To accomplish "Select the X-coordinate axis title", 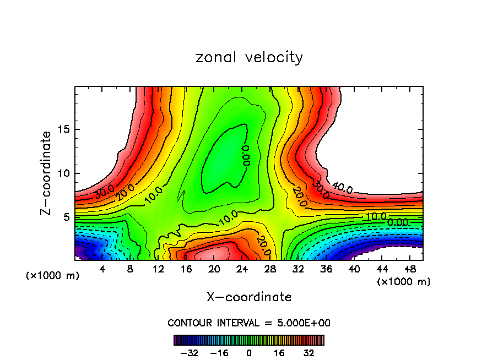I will tap(249, 297).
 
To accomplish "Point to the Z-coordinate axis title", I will tap(47, 173).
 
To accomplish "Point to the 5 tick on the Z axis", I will tap(65, 217).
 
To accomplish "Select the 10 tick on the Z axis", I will tap(62, 173).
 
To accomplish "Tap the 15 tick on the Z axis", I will tap(62, 129).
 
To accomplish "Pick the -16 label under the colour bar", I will tap(220, 353).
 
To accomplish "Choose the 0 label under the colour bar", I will tap(249, 353).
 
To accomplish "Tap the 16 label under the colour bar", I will tap(279, 353).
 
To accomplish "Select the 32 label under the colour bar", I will tap(309, 353).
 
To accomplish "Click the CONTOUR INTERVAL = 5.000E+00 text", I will tap(249, 323).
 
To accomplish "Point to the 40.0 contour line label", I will tap(343, 188).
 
